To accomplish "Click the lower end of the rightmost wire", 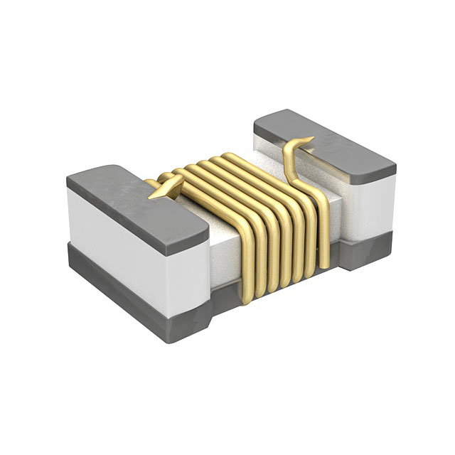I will point(324,263).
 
